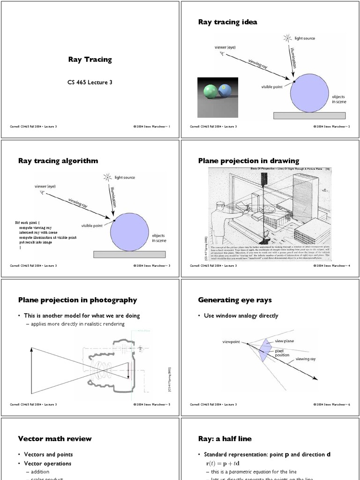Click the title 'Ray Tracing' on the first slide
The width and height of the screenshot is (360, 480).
[90, 60]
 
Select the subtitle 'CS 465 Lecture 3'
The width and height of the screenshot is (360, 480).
[90, 82]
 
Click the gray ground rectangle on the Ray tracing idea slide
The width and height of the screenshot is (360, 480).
[309, 115]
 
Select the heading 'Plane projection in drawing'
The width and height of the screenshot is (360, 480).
[248, 161]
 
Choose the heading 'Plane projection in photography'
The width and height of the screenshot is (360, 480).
[77, 300]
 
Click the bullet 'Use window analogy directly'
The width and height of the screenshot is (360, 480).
[241, 316]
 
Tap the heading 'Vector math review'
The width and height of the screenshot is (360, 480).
[55, 439]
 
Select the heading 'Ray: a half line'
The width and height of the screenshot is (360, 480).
[225, 439]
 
